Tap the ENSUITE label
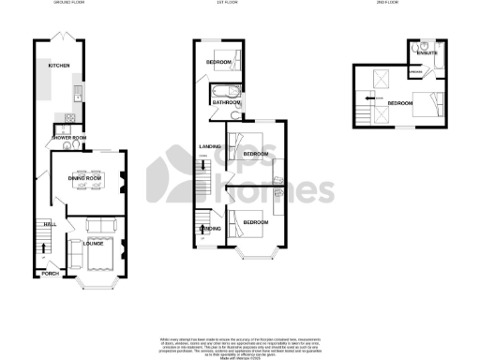click(427, 53)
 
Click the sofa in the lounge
click(98, 225)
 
